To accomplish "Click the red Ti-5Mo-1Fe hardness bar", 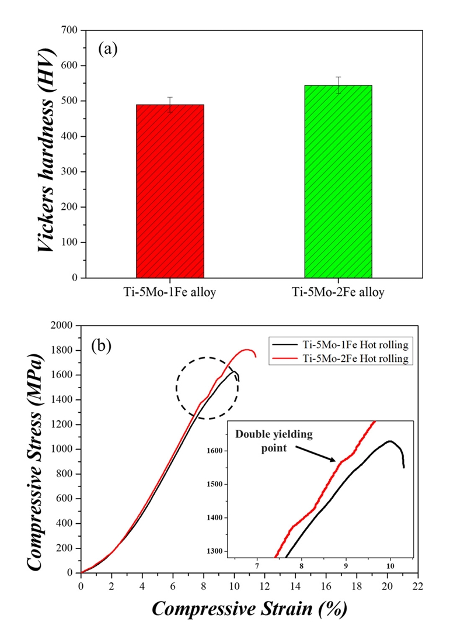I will [170, 191].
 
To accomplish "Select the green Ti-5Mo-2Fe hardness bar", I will [338, 181].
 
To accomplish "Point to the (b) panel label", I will [102, 346].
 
